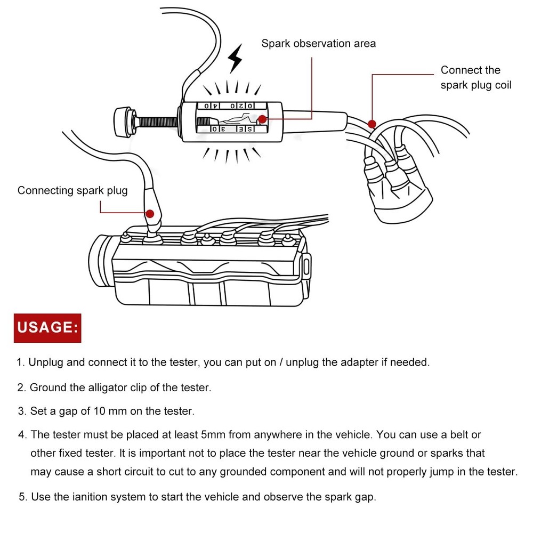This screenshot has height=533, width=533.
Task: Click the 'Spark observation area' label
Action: click(x=318, y=43)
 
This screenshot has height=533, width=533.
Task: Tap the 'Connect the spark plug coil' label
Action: click(x=475, y=77)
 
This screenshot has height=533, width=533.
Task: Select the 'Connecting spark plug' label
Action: click(x=72, y=190)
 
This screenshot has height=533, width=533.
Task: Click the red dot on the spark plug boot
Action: click(x=150, y=214)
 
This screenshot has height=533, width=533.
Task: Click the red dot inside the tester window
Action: click(x=261, y=119)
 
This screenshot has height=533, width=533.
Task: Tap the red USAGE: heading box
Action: click(x=47, y=327)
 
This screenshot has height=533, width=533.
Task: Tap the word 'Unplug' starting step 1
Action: click(x=46, y=362)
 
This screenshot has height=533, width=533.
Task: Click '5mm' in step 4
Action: click(x=213, y=435)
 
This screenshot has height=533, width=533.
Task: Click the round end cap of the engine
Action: click(x=101, y=259)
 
